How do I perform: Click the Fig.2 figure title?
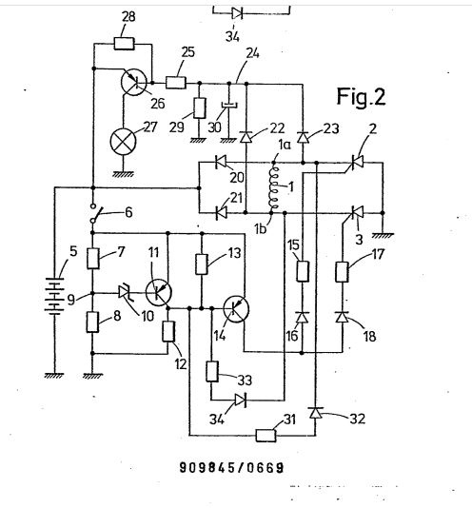(x=361, y=96)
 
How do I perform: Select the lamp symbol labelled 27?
(x=123, y=142)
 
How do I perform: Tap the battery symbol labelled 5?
(x=54, y=296)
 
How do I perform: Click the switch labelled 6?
(x=96, y=213)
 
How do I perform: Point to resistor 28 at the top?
(x=124, y=44)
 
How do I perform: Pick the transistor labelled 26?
(x=133, y=83)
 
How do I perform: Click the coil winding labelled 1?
(x=274, y=187)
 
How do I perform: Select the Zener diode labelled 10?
(x=124, y=293)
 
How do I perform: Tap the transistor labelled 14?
(x=236, y=309)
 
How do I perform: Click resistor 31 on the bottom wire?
(x=266, y=436)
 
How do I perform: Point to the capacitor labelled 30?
(x=229, y=105)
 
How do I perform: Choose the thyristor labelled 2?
(x=357, y=162)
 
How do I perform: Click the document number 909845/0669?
(x=232, y=467)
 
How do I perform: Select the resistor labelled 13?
(x=202, y=264)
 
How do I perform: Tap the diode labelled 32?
(x=315, y=413)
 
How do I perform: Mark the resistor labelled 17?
(x=343, y=271)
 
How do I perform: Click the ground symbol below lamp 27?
(x=123, y=174)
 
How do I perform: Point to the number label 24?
(x=252, y=53)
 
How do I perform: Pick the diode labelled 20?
(x=221, y=162)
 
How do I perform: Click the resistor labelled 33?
(x=212, y=371)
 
